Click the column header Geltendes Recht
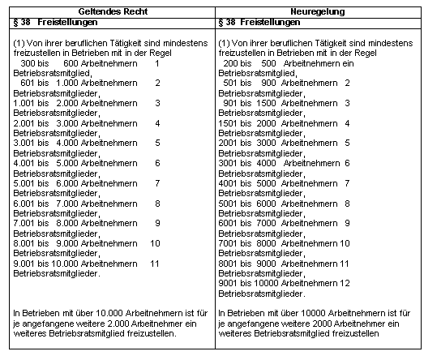(111, 13)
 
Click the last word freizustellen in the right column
(355, 332)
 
